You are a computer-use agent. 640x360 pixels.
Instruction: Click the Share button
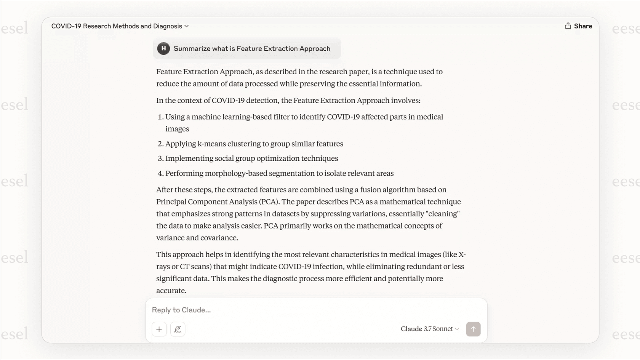(x=578, y=26)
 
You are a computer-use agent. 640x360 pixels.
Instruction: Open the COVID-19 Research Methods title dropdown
(x=120, y=26)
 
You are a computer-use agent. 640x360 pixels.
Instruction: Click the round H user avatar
(x=163, y=48)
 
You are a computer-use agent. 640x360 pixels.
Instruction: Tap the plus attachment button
(x=159, y=329)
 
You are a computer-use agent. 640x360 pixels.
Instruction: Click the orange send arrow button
(x=473, y=329)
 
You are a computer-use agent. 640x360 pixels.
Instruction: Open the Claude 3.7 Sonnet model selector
(x=429, y=329)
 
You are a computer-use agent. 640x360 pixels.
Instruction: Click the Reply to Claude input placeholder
(x=181, y=310)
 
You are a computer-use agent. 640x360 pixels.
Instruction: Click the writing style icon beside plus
(x=178, y=329)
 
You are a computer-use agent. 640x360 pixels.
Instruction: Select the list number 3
(x=160, y=158)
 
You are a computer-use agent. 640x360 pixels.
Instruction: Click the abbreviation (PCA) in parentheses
(x=269, y=202)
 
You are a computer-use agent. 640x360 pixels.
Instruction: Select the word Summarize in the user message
(x=192, y=48)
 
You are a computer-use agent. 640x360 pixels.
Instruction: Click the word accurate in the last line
(x=171, y=291)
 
